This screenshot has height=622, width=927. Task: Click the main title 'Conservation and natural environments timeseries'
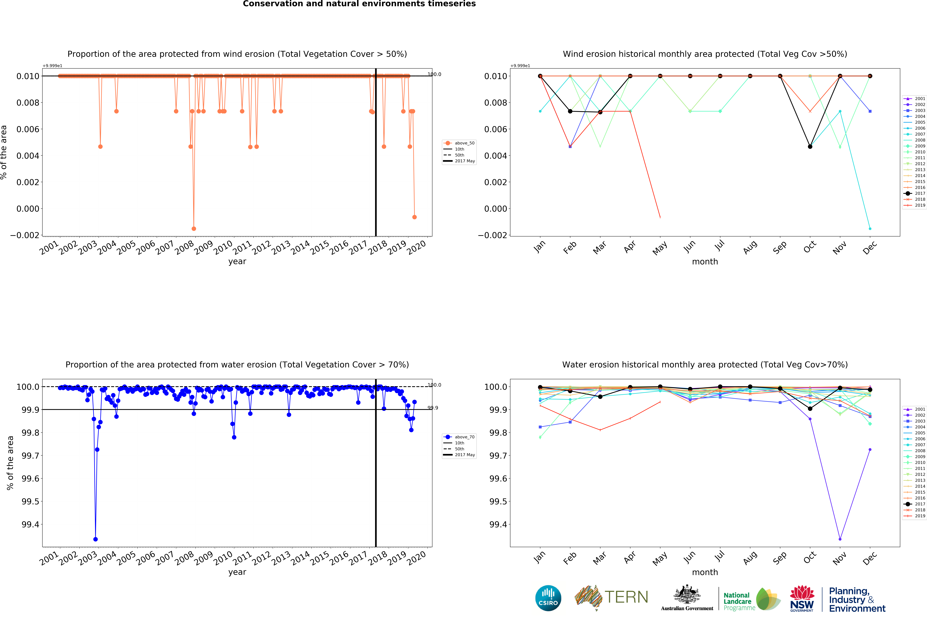click(359, 4)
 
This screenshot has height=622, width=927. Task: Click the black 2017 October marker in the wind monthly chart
click(810, 147)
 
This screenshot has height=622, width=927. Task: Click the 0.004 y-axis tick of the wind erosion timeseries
click(28, 156)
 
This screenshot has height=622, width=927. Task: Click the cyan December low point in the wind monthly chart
click(870, 228)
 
